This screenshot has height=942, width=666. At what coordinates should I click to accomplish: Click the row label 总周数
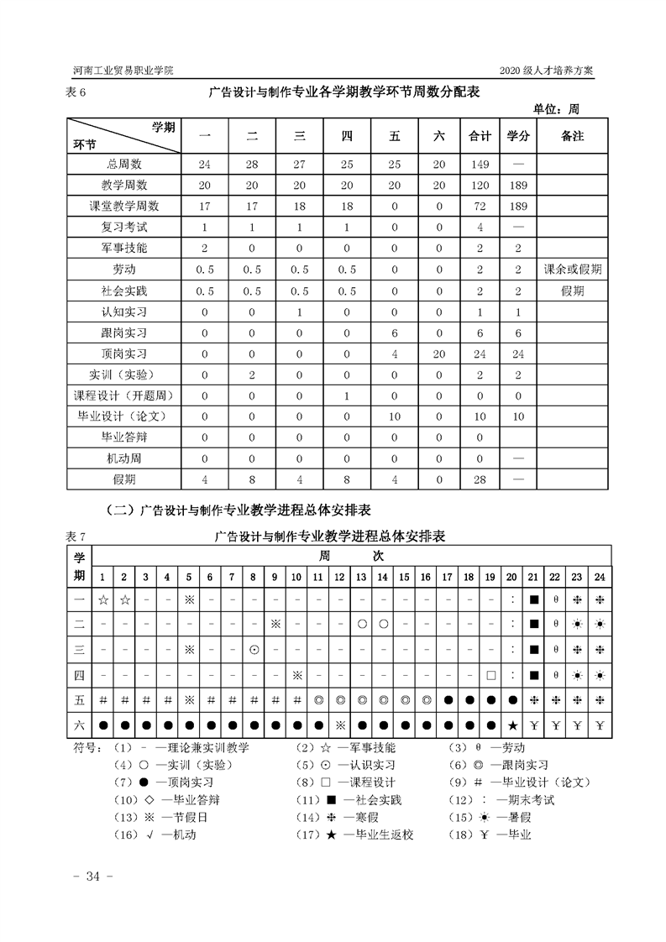click(123, 164)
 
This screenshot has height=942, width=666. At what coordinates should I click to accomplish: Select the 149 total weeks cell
click(479, 164)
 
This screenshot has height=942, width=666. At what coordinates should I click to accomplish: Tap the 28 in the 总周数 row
click(252, 164)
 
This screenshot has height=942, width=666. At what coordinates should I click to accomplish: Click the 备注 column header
click(572, 136)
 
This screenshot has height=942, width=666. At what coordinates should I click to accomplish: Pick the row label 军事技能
click(123, 248)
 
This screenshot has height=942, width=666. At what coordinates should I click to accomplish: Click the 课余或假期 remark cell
click(572, 270)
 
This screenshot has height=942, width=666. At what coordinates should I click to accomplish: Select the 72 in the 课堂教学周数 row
click(479, 206)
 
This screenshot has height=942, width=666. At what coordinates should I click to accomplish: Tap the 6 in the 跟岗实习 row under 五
click(393, 332)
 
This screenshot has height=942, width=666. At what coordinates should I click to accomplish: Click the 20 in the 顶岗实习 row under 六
click(438, 353)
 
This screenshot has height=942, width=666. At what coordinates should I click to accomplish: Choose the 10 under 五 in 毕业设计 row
click(393, 416)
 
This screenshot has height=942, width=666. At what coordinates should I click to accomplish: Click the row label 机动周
click(123, 458)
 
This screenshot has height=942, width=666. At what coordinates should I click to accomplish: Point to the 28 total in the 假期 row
click(479, 479)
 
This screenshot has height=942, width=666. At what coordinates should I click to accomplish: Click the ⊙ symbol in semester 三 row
click(253, 649)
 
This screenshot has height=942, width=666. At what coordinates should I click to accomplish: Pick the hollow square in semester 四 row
click(490, 674)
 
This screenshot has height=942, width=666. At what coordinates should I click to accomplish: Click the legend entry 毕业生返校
click(375, 835)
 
